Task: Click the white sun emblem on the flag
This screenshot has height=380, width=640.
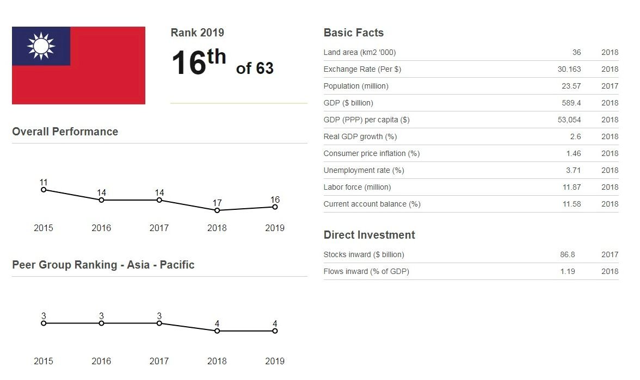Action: (41, 46)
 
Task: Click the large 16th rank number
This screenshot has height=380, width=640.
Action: (199, 62)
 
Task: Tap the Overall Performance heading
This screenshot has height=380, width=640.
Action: (65, 132)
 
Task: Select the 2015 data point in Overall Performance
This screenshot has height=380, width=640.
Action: (44, 190)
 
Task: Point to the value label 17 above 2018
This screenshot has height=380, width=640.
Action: (217, 203)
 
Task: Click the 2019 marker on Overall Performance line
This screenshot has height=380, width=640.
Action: (275, 207)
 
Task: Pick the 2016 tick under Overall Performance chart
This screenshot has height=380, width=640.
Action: (101, 228)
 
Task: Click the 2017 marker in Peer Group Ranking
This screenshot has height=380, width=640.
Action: (159, 323)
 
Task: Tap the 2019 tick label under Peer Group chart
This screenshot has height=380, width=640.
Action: (275, 361)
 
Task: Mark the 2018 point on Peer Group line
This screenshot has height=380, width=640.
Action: (217, 331)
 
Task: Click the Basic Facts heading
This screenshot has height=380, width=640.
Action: (354, 33)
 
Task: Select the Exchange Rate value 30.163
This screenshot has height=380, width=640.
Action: (569, 70)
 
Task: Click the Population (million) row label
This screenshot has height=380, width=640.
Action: (356, 86)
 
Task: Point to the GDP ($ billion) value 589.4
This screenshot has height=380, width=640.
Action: (571, 103)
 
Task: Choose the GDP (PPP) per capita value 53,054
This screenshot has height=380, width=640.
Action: (569, 120)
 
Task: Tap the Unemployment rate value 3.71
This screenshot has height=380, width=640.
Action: (573, 171)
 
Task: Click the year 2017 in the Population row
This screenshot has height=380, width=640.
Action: (610, 86)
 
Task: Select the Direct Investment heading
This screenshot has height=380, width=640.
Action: (369, 235)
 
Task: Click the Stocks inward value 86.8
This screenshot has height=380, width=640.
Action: (567, 254)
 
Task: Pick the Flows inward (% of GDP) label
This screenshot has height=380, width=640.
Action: (366, 272)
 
